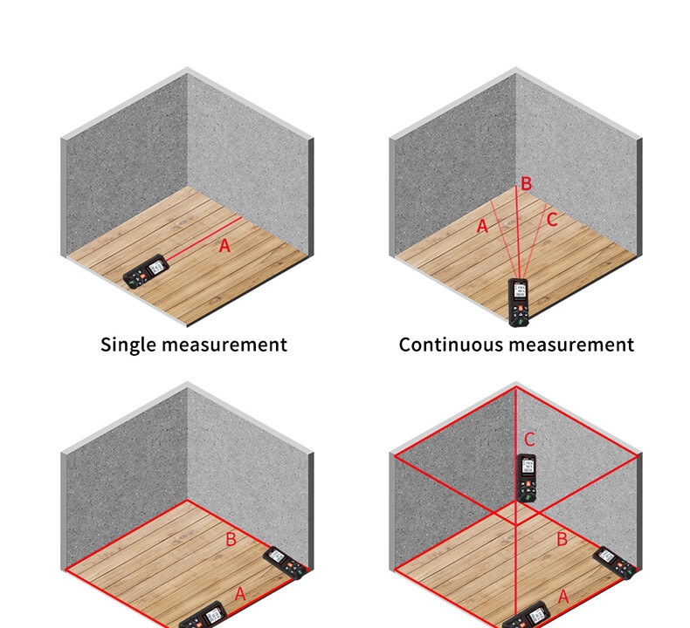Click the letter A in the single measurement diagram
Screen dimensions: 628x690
tap(224, 246)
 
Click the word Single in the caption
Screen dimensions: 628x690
tap(128, 345)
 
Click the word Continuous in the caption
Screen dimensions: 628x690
tap(451, 345)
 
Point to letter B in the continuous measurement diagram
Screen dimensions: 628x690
tap(526, 184)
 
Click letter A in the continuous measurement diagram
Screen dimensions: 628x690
tap(481, 227)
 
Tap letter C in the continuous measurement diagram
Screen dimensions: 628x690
tap(551, 221)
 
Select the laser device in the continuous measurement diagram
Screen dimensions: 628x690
tap(519, 302)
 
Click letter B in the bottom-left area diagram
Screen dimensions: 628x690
tap(231, 539)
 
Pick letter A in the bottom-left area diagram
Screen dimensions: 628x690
tap(240, 594)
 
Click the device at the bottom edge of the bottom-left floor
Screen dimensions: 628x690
tap(202, 617)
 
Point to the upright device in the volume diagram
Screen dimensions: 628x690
tap(526, 478)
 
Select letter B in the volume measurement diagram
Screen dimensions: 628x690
tap(562, 540)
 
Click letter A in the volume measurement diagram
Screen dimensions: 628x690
tap(563, 597)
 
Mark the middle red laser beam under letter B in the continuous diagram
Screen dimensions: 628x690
tap(518, 235)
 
